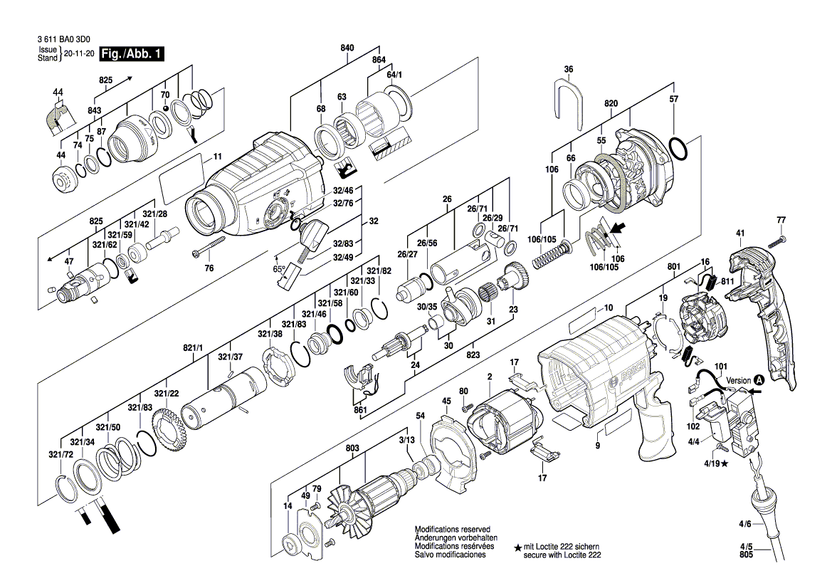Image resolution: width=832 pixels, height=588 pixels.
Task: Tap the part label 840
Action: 347,48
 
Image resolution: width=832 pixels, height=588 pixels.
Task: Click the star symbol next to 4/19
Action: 725,464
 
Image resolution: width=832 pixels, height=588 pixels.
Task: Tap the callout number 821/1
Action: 193,347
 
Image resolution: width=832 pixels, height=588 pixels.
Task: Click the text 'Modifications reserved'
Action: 453,530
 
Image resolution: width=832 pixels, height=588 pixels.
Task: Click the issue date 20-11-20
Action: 79,54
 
